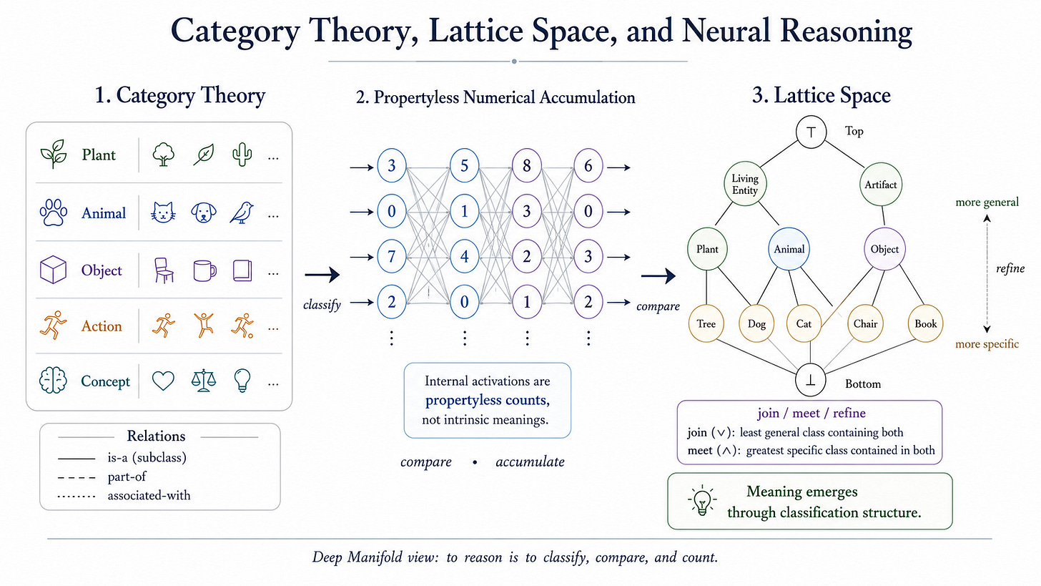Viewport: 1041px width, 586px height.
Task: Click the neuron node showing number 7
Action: pyautogui.click(x=391, y=257)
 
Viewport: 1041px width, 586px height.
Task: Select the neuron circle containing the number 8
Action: pyautogui.click(x=526, y=165)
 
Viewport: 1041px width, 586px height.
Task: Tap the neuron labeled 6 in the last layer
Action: pyautogui.click(x=588, y=165)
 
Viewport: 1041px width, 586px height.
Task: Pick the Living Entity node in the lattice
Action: pyautogui.click(x=745, y=184)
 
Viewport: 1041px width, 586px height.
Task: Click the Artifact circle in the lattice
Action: pyautogui.click(x=881, y=185)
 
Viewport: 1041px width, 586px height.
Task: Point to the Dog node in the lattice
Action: pyautogui.click(x=756, y=323)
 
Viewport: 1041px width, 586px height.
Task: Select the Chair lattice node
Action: pyautogui.click(x=865, y=323)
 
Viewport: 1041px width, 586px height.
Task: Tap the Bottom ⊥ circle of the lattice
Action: pyautogui.click(x=811, y=381)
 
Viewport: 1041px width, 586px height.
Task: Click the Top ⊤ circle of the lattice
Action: pyautogui.click(x=811, y=132)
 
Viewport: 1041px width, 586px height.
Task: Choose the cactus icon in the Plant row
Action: pyautogui.click(x=242, y=154)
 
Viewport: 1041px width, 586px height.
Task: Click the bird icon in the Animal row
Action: pyautogui.click(x=242, y=213)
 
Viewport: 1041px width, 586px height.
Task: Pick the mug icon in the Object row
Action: pyautogui.click(x=204, y=270)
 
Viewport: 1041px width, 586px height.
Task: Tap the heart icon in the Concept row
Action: pyautogui.click(x=163, y=381)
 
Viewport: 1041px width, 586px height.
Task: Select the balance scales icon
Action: pyautogui.click(x=204, y=381)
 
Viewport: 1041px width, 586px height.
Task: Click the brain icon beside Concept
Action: pyautogui.click(x=53, y=381)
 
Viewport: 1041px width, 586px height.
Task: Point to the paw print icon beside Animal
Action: pyautogui.click(x=54, y=213)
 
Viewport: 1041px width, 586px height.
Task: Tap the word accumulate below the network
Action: pyautogui.click(x=531, y=462)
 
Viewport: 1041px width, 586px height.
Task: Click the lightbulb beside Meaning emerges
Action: pyautogui.click(x=702, y=501)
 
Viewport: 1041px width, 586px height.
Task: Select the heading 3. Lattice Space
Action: pyautogui.click(x=822, y=95)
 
